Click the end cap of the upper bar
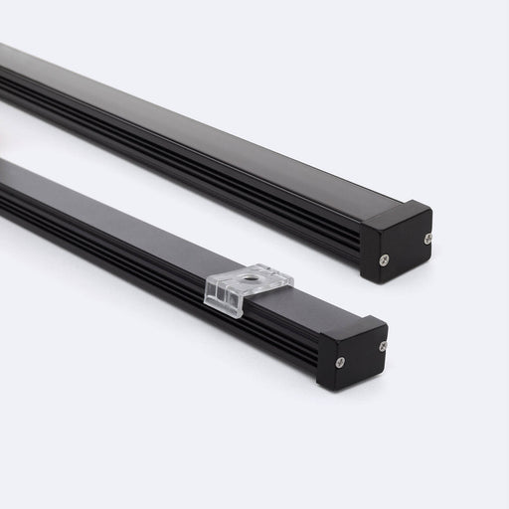click(397, 243)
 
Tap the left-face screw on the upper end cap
click(384, 260)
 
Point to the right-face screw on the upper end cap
click(427, 239)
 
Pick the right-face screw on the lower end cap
click(382, 346)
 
